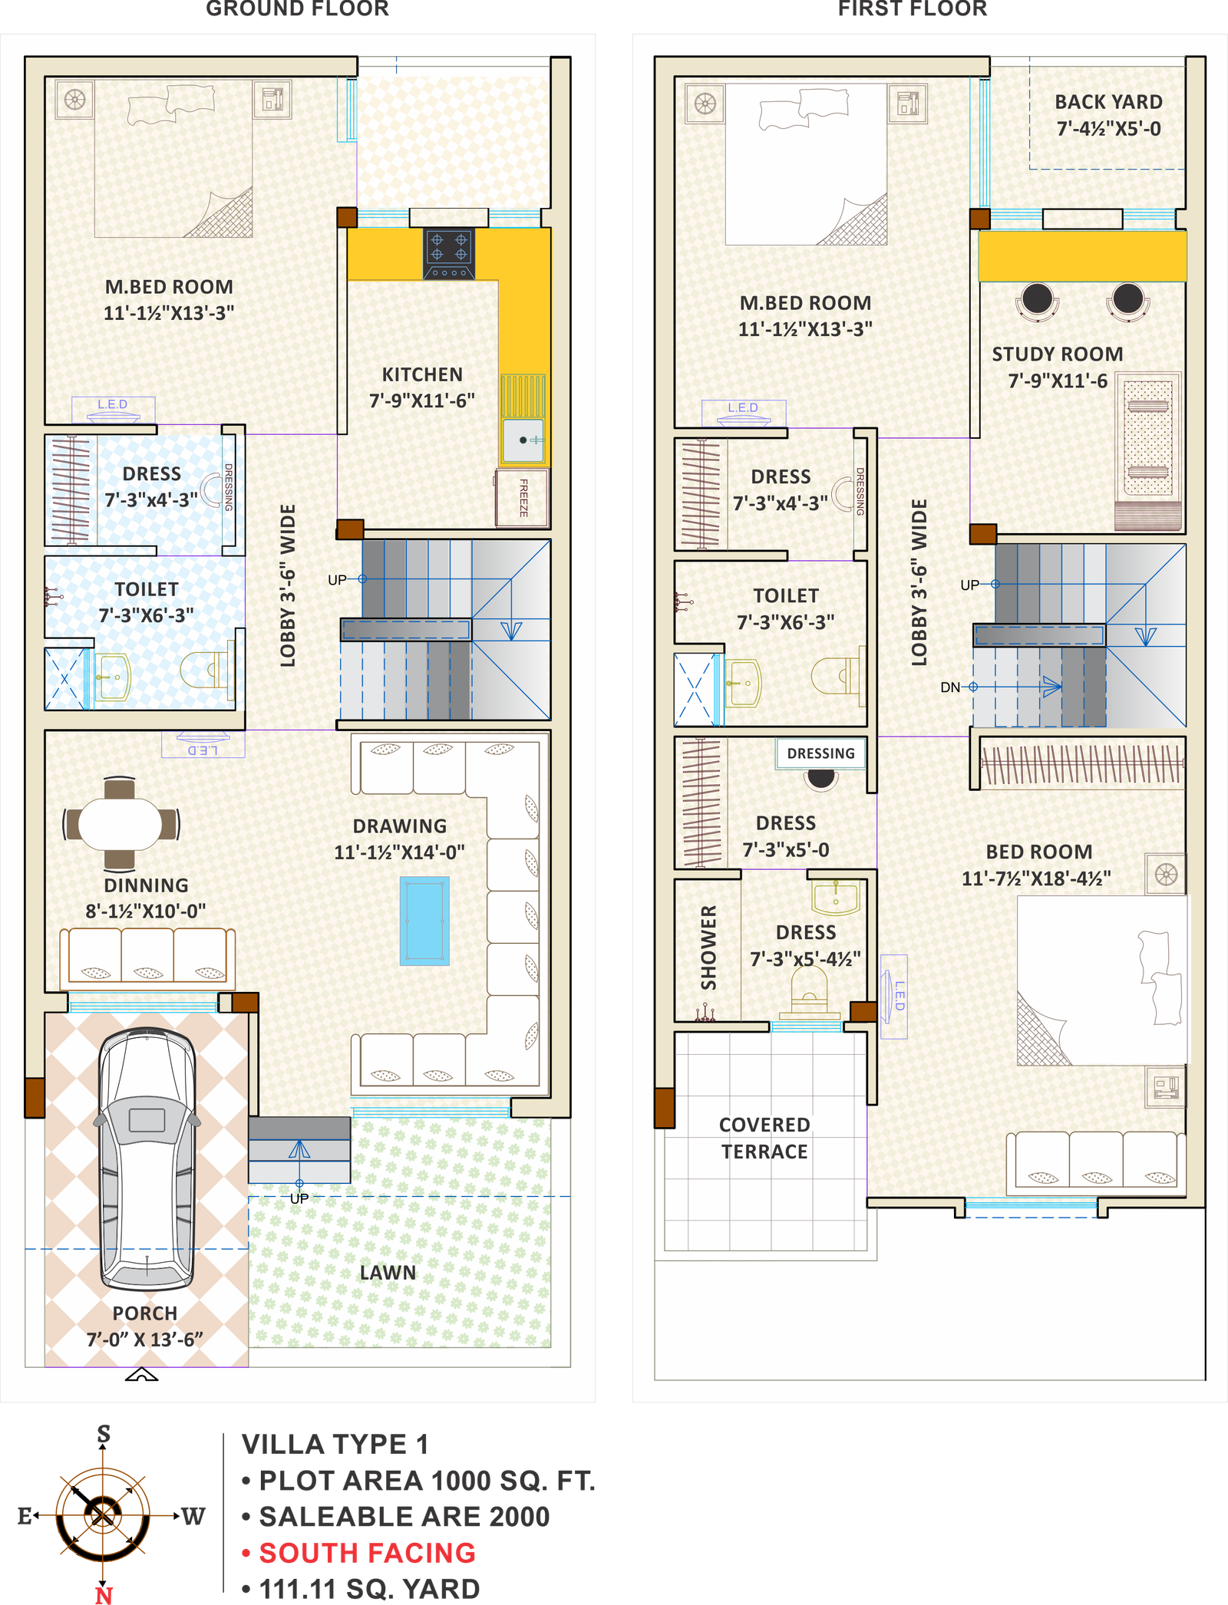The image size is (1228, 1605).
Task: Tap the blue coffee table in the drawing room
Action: (424, 921)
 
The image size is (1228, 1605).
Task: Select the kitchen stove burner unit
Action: (449, 254)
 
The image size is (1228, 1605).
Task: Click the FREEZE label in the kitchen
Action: (523, 497)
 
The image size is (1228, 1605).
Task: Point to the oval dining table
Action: (120, 824)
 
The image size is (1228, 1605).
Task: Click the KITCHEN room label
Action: (422, 374)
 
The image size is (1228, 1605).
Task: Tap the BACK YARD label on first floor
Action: (1108, 102)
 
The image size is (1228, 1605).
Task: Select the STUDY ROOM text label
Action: (1058, 354)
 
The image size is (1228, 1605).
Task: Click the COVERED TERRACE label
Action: (764, 1139)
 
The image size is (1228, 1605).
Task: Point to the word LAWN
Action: (388, 1273)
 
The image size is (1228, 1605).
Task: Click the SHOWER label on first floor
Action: (708, 948)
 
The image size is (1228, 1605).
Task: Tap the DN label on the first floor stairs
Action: (950, 687)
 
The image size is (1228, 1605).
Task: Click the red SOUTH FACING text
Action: (368, 1553)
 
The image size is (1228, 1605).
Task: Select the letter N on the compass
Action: (104, 1595)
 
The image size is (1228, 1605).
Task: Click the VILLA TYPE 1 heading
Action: (335, 1444)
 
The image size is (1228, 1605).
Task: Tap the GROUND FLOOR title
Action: (298, 8)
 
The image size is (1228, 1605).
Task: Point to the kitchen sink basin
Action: (523, 440)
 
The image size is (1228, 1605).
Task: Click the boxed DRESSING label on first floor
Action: (820, 753)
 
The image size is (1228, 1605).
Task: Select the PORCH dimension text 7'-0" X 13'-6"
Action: (145, 1340)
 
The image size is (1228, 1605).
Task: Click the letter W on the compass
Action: (193, 1516)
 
